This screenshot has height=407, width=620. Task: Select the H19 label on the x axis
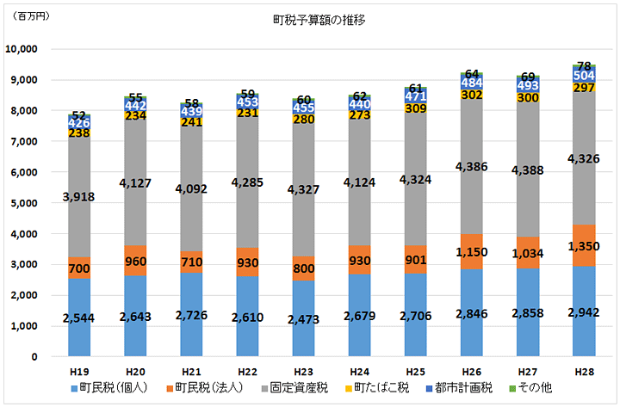click(80, 370)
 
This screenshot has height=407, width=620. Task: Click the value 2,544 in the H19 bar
click(80, 319)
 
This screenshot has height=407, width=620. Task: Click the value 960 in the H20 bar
click(135, 260)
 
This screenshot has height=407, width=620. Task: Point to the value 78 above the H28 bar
click(585, 65)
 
